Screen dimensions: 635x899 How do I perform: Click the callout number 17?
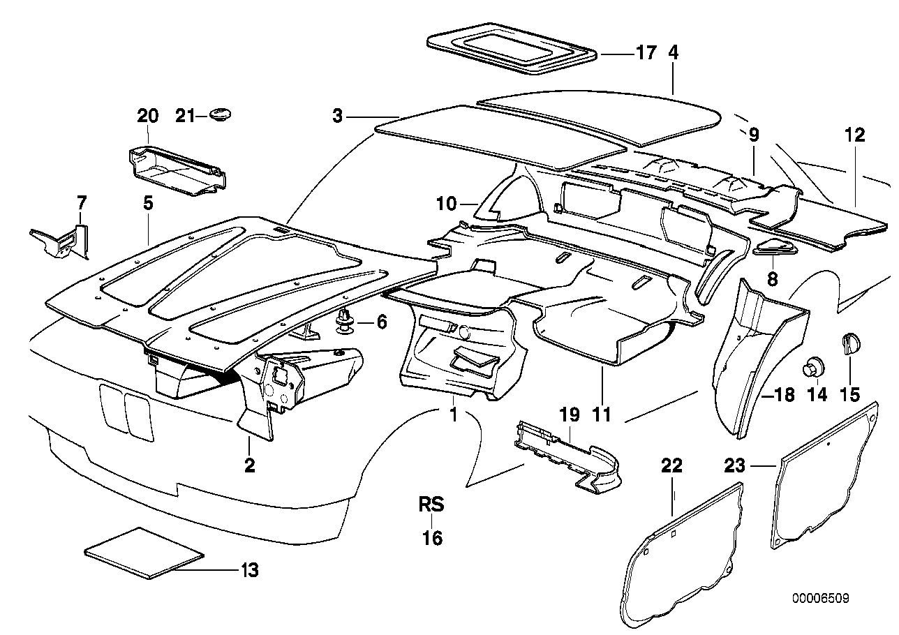tap(646, 53)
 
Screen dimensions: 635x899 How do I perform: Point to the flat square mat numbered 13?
tap(144, 553)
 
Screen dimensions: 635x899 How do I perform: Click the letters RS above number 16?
tap(431, 504)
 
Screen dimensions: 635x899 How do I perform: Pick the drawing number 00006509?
tap(820, 599)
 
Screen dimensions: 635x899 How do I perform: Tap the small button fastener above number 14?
tap(814, 366)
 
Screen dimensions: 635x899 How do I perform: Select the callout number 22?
tap(671, 466)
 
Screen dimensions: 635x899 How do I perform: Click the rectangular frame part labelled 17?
tap(512, 52)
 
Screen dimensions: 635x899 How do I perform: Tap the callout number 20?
tap(149, 116)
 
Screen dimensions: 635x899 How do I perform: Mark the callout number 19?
tap(570, 414)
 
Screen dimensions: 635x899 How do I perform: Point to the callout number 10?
tap(446, 204)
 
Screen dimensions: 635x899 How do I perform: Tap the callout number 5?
tap(148, 204)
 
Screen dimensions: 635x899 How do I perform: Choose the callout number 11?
tap(602, 414)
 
